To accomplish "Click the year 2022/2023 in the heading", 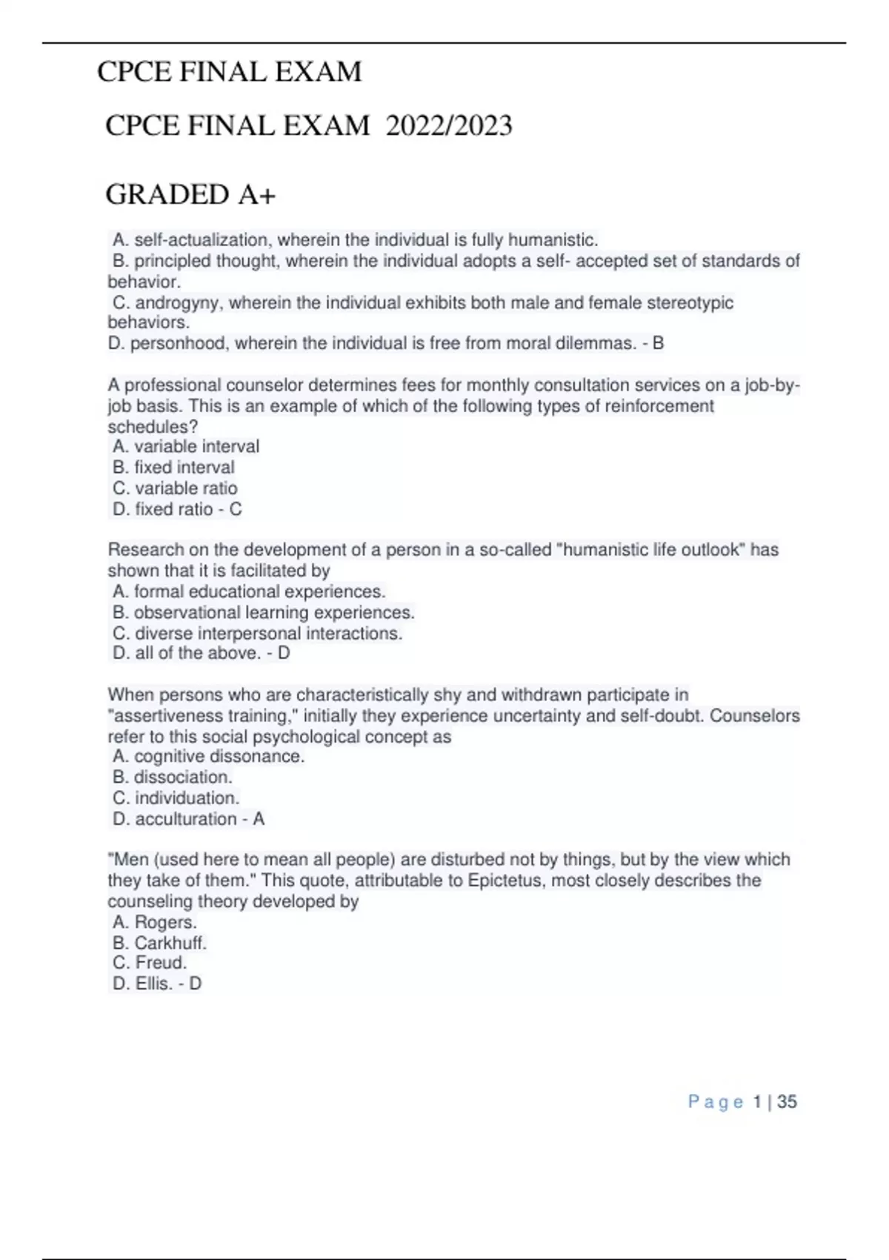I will point(449,126).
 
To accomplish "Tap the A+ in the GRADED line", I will point(256,195).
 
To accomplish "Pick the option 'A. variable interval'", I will point(186,446).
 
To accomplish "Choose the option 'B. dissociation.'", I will point(173,777).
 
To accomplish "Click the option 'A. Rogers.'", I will point(155,922).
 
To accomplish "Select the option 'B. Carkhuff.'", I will point(159,943).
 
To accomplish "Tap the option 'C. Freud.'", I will point(150,962).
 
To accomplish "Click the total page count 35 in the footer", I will point(787,1102).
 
